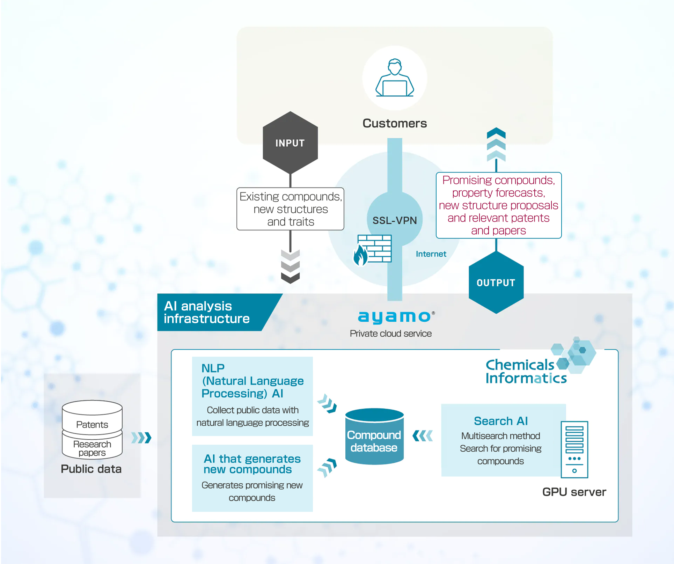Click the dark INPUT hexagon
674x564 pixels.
pos(290,142)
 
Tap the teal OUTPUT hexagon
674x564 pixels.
pos(496,282)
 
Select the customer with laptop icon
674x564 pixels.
pos(395,78)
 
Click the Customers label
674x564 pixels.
pos(395,123)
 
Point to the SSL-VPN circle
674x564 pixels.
pos(395,220)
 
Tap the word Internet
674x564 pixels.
pos(431,254)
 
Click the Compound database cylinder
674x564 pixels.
pos(374,437)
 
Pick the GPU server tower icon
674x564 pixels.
pos(574,449)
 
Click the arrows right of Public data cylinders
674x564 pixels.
pos(141,438)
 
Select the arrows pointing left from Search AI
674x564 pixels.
pos(423,436)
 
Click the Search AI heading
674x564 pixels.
pos(501,421)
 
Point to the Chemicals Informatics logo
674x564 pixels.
pos(534,367)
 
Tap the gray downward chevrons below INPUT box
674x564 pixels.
pos(290,266)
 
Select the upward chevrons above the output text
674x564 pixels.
pos(496,144)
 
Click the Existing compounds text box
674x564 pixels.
pos(290,209)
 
